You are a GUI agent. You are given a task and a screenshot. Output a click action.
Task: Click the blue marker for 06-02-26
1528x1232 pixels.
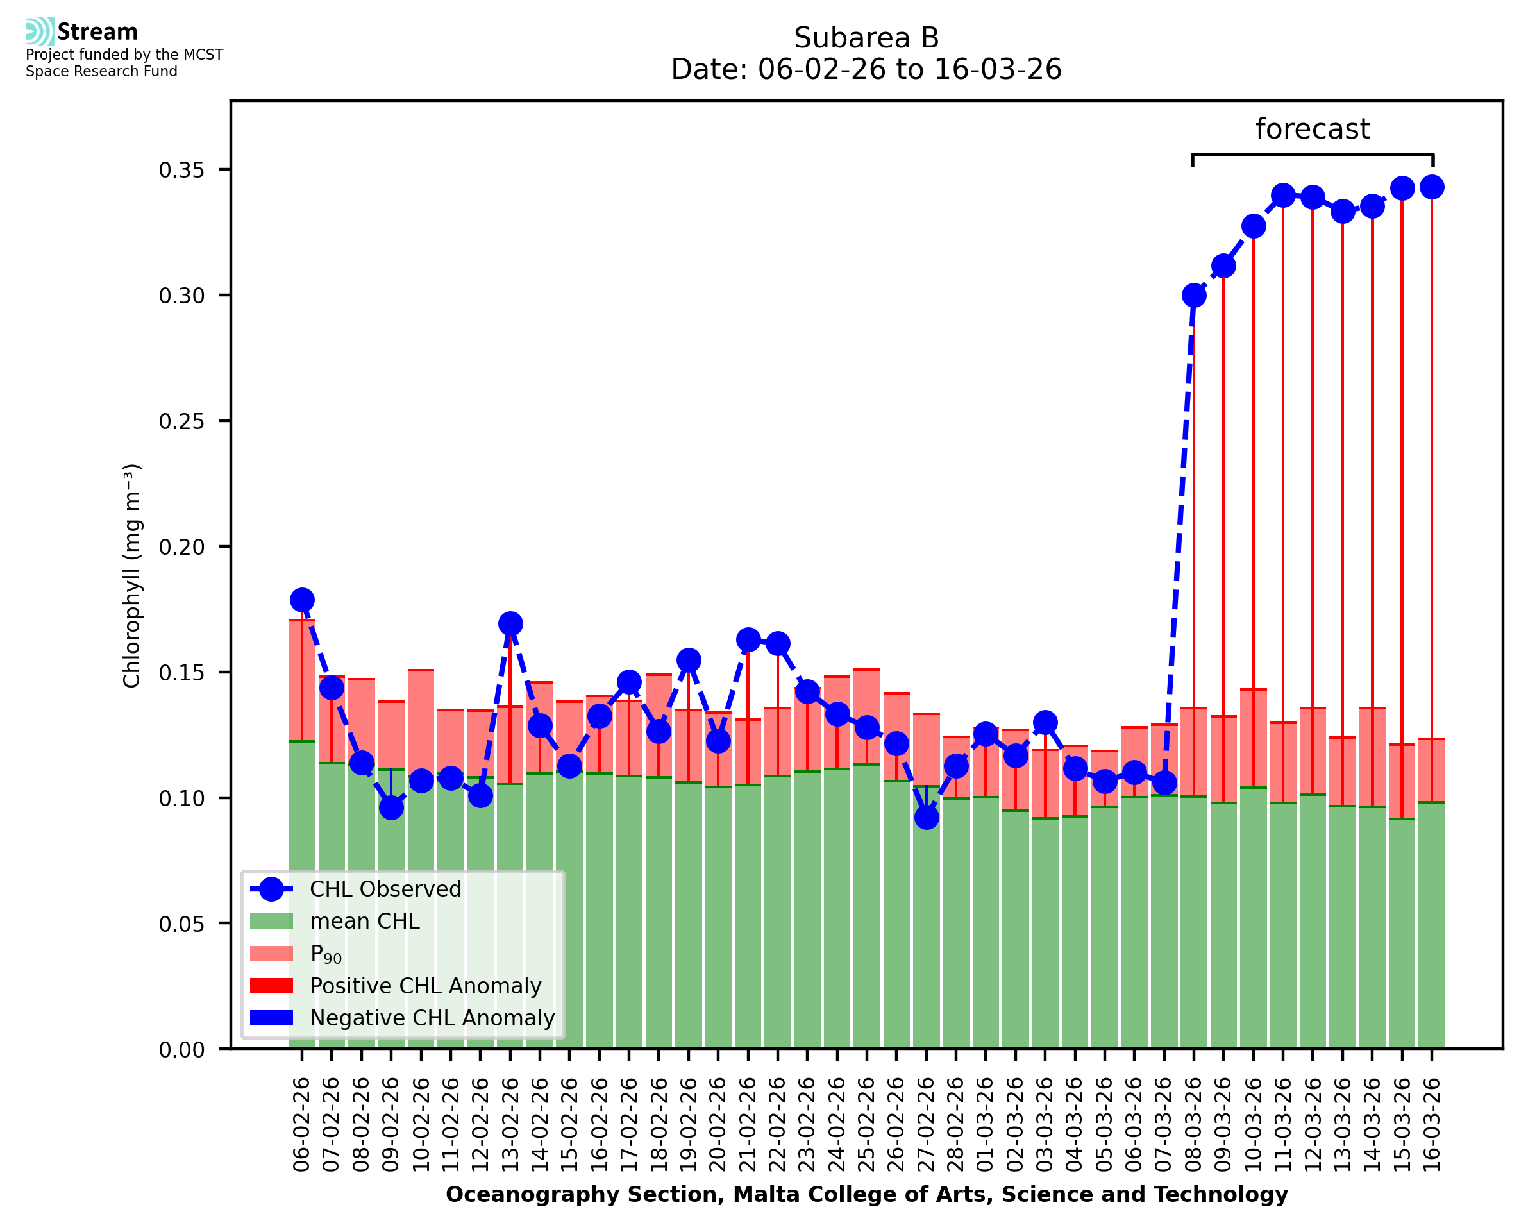302,600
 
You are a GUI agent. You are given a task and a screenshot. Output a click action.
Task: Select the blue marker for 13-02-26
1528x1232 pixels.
510,624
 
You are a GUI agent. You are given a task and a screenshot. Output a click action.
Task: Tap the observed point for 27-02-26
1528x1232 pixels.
927,818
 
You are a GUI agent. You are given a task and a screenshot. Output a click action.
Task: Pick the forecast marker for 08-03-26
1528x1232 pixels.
1194,295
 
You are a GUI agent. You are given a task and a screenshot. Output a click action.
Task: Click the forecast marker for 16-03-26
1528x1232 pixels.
1432,187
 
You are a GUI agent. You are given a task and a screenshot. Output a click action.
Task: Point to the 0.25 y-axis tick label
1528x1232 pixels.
181,421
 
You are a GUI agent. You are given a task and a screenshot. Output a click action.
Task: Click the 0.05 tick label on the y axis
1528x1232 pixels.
181,924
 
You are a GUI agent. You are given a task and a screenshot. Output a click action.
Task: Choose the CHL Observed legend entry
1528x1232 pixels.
385,890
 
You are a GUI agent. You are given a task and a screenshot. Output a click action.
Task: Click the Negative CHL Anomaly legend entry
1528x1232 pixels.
432,1018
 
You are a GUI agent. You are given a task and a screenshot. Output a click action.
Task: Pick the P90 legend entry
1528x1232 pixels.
326,954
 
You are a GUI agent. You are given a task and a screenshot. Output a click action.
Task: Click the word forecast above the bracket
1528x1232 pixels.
1313,129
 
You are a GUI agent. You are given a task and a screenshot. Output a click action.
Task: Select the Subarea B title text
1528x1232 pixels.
866,38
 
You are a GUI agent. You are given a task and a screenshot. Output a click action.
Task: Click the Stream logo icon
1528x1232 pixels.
40,31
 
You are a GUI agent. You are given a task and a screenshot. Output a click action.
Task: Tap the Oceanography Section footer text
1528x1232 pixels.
866,1194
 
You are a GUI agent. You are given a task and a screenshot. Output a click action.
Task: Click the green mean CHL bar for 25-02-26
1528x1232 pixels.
867,908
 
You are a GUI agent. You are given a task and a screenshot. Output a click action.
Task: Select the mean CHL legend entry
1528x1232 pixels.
364,921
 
